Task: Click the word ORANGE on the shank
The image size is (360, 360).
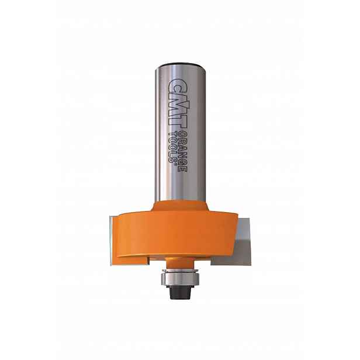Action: coord(183,152)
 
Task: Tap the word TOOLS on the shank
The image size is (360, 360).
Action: coord(173,147)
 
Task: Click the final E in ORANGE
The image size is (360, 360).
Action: coord(183,169)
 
